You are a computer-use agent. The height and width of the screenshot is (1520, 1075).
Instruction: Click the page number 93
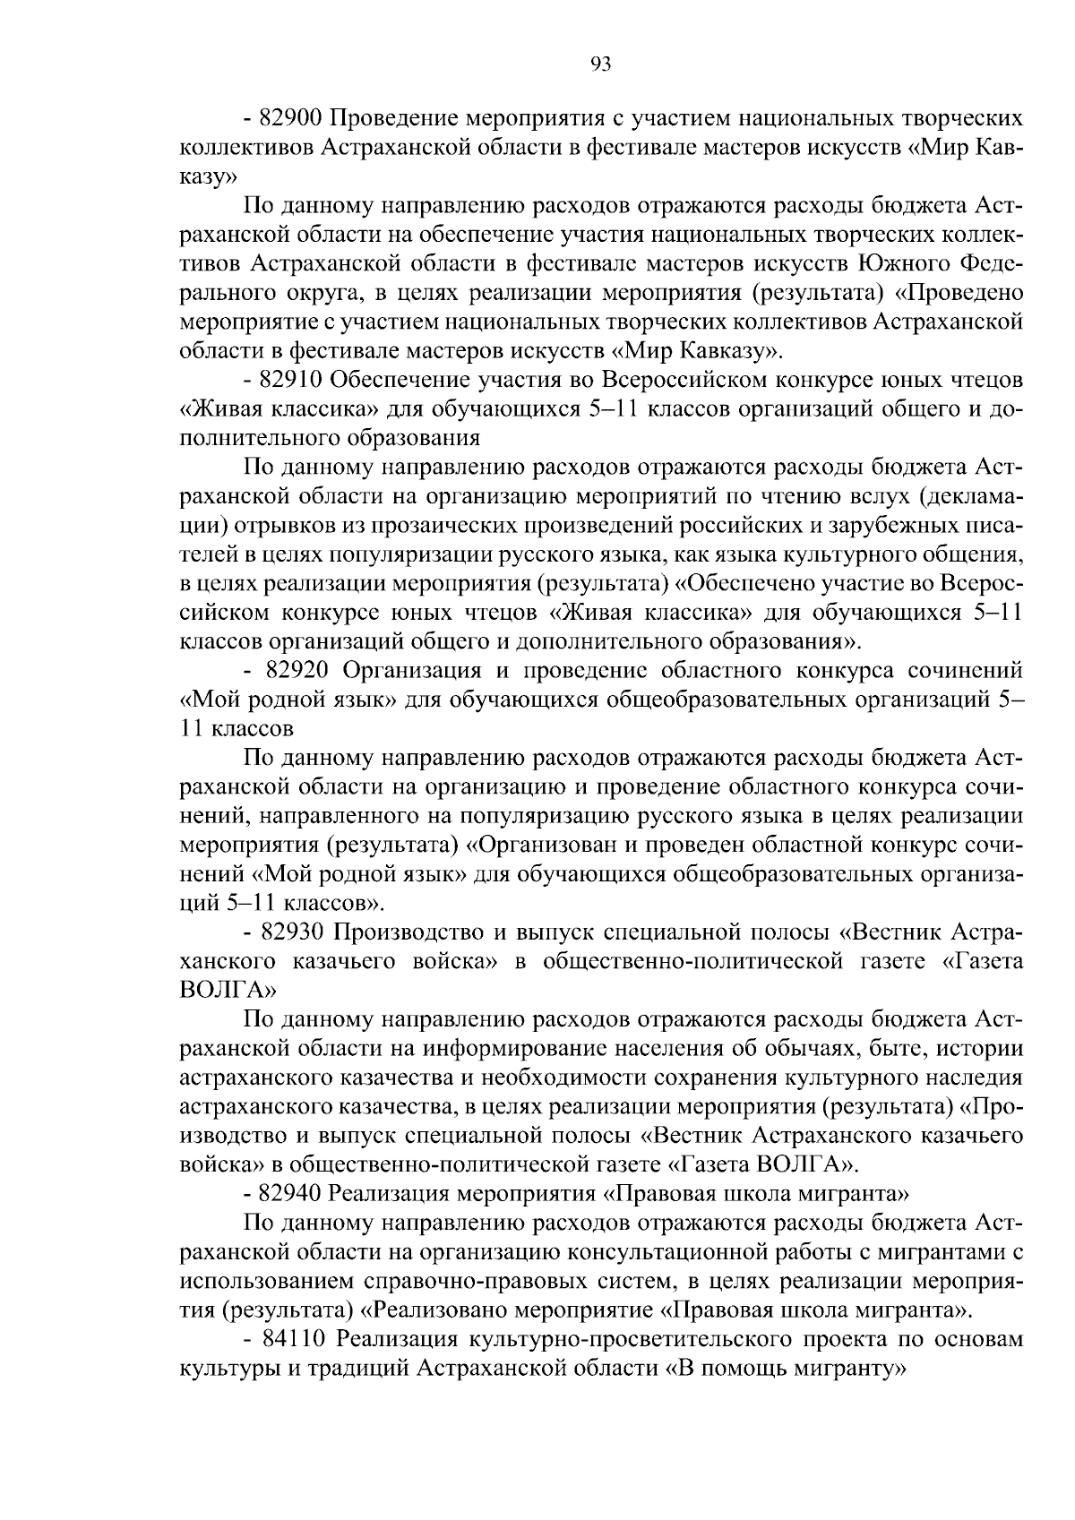click(600, 64)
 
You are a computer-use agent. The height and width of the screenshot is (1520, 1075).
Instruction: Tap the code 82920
click(297, 671)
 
